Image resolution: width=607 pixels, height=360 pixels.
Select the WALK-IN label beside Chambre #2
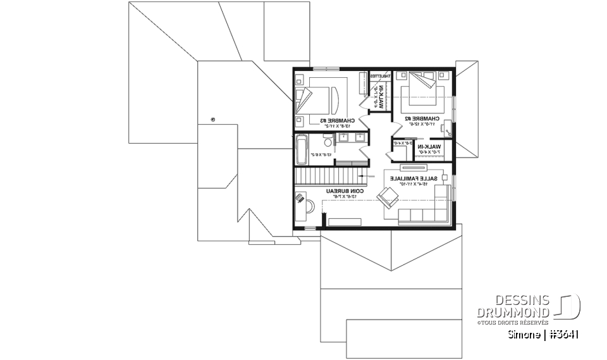coord(430,146)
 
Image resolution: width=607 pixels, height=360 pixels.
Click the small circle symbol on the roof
coord(214,119)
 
